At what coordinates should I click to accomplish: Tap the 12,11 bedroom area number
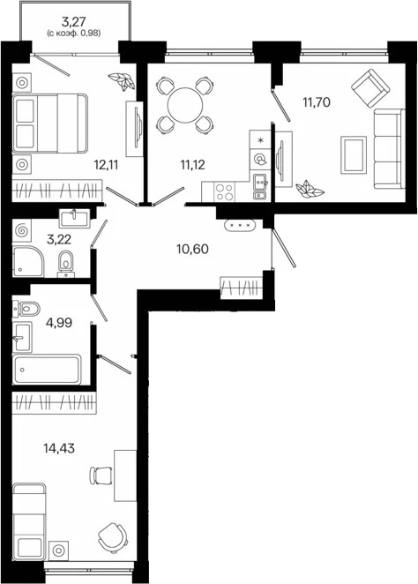point(107,164)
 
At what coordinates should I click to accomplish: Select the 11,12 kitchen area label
point(193,164)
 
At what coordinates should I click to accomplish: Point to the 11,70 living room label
point(317,101)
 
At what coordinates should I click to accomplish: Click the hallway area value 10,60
point(192,249)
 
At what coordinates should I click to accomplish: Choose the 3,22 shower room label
point(59,239)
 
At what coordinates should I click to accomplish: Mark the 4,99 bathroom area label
point(59,323)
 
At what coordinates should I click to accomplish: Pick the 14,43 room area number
point(59,448)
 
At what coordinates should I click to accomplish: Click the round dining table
point(185,105)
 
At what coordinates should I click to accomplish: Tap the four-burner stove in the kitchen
point(225,191)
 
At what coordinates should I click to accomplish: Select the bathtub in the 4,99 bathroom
point(47,369)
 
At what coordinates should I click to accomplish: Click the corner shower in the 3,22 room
point(28,261)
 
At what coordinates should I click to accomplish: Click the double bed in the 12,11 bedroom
point(50,124)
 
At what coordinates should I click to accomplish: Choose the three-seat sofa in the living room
point(389,149)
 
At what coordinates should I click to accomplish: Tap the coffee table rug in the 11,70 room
point(354,155)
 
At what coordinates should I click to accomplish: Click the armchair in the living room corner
point(370,88)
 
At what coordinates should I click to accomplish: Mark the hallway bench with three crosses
point(240,225)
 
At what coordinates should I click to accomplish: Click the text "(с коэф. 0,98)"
point(74,34)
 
